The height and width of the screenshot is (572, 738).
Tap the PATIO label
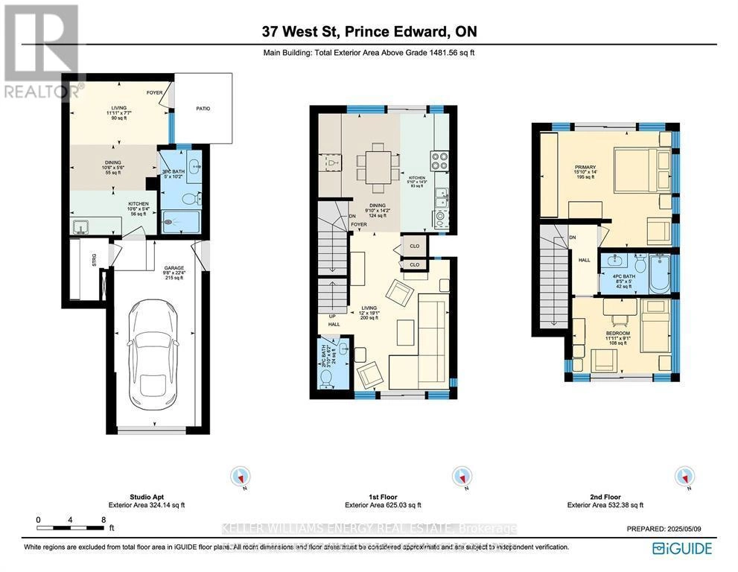pyautogui.click(x=203, y=109)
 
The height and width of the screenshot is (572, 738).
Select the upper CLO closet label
pyautogui.click(x=413, y=245)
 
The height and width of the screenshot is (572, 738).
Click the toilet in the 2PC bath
pyautogui.click(x=325, y=378)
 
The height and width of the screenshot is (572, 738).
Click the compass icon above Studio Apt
pyautogui.click(x=241, y=476)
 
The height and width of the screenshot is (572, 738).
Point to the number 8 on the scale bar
pyautogui.click(x=104, y=520)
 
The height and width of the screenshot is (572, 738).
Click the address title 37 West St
pyautogui.click(x=369, y=31)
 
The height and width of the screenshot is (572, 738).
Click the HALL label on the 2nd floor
pyautogui.click(x=584, y=261)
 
